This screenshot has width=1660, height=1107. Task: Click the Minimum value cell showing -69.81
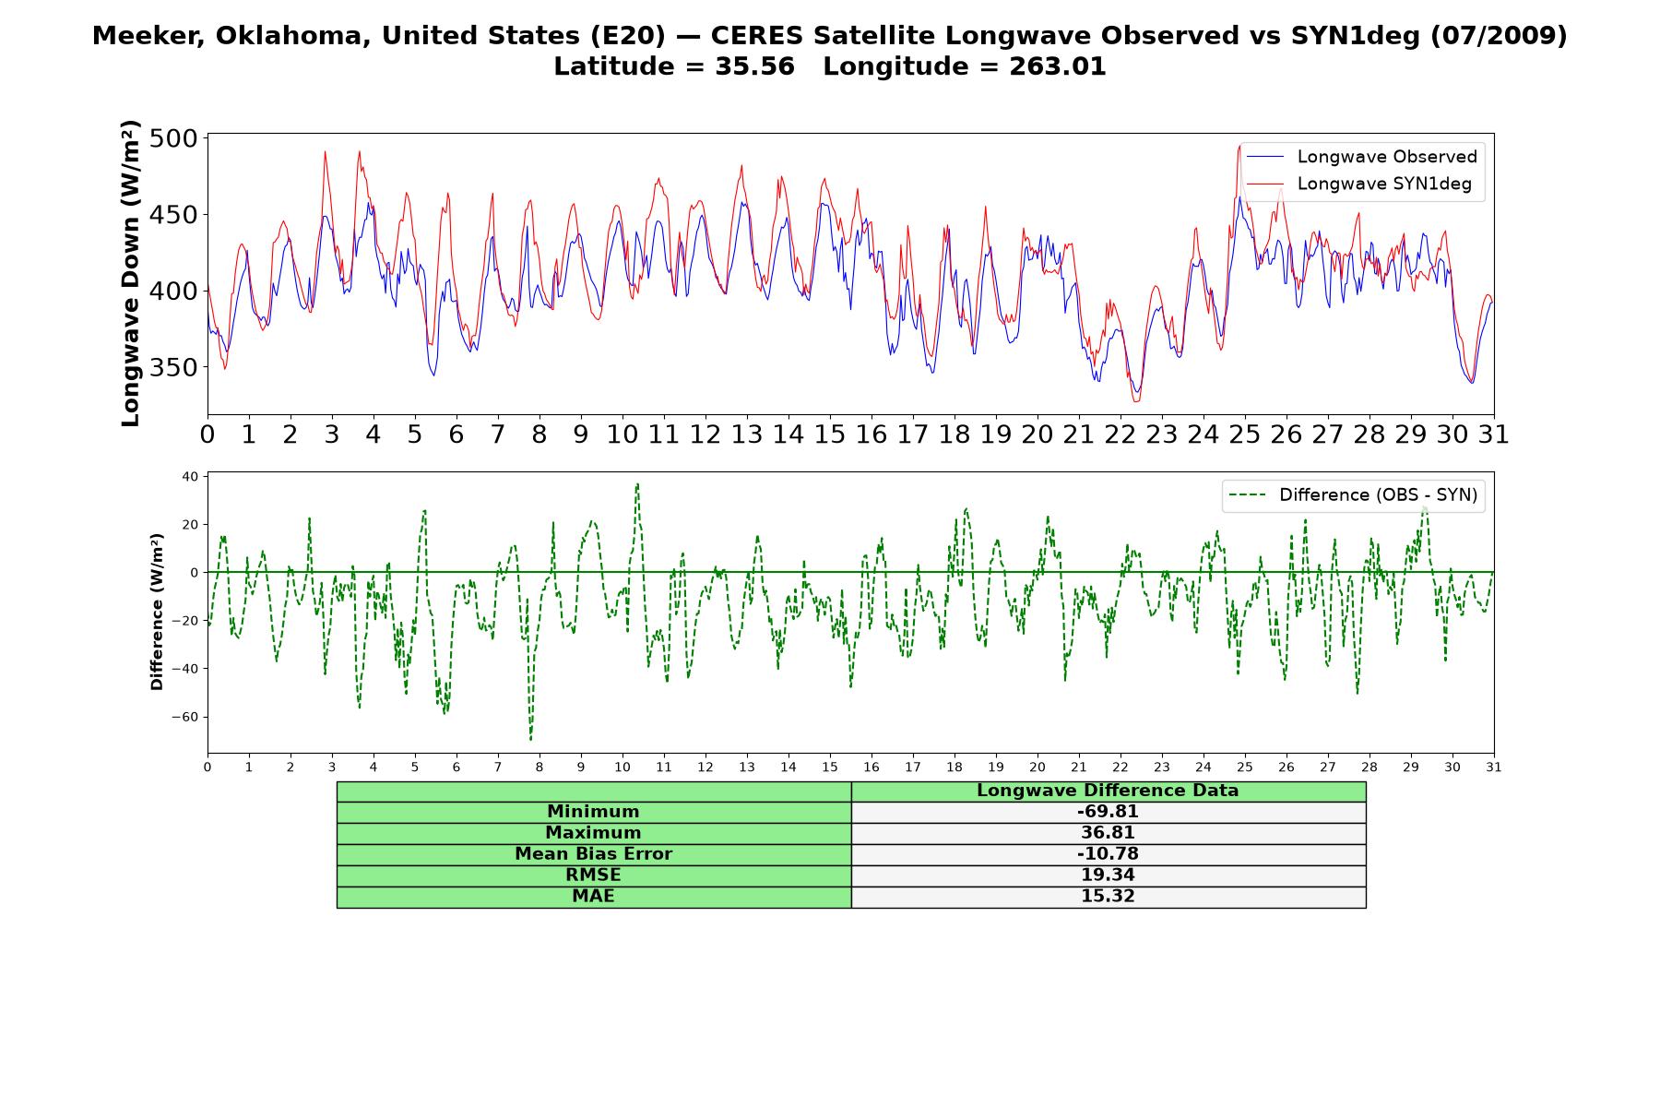coord(1108,812)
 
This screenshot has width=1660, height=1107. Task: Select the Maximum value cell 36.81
coord(1108,833)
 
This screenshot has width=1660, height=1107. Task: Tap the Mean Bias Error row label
coord(593,854)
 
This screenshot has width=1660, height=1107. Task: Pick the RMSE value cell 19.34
coord(1108,875)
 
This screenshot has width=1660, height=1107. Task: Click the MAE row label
coord(593,897)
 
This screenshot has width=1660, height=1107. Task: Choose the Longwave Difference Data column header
coord(1108,791)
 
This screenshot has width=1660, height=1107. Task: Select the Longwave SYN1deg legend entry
coord(1359,184)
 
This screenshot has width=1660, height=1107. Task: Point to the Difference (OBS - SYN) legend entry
coord(1353,495)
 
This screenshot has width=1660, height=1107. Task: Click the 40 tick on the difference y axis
coord(191,477)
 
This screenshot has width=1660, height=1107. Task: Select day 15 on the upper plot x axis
coord(829,434)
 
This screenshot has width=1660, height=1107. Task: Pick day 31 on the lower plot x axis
coord(1494,768)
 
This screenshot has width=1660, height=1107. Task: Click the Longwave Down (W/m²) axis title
coord(131,273)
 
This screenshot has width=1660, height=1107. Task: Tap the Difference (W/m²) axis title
coord(157,612)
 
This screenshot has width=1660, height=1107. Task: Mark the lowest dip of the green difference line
coord(530,739)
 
